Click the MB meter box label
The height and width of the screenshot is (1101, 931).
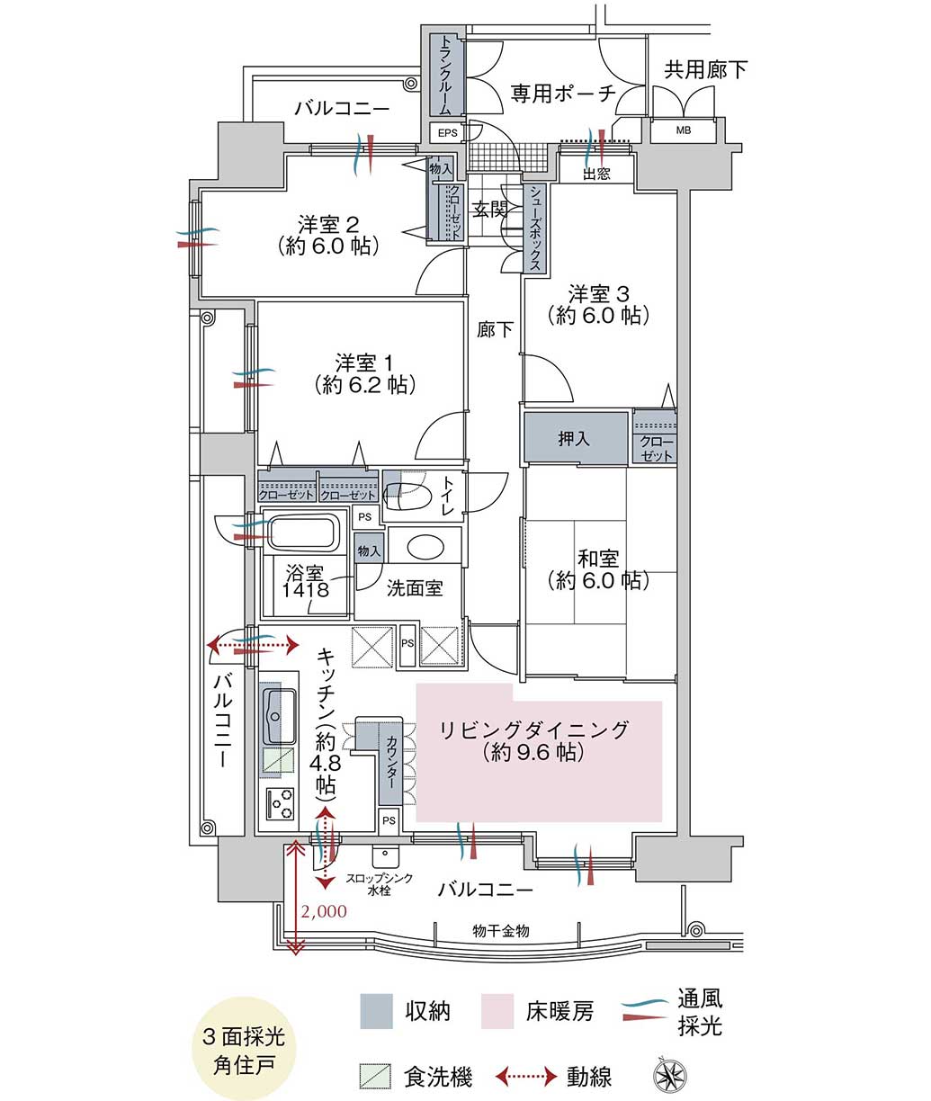point(684,130)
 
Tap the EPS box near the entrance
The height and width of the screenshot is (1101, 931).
point(447,133)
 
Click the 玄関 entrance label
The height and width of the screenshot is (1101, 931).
point(489,210)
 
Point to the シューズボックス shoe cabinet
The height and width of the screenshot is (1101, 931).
point(535,228)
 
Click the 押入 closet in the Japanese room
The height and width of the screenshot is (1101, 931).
point(575,437)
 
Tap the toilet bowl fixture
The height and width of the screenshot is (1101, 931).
point(408,497)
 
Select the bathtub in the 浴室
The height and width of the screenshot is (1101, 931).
point(304,533)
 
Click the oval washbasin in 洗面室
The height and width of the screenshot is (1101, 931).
point(425,547)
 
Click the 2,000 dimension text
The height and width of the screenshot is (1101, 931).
point(324,911)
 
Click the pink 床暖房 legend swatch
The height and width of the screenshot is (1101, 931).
point(497,1011)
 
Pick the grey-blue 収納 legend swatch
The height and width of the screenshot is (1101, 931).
point(376,1011)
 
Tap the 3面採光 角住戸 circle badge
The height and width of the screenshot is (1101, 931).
point(244,1049)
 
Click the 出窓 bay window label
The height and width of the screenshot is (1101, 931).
point(596,175)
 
